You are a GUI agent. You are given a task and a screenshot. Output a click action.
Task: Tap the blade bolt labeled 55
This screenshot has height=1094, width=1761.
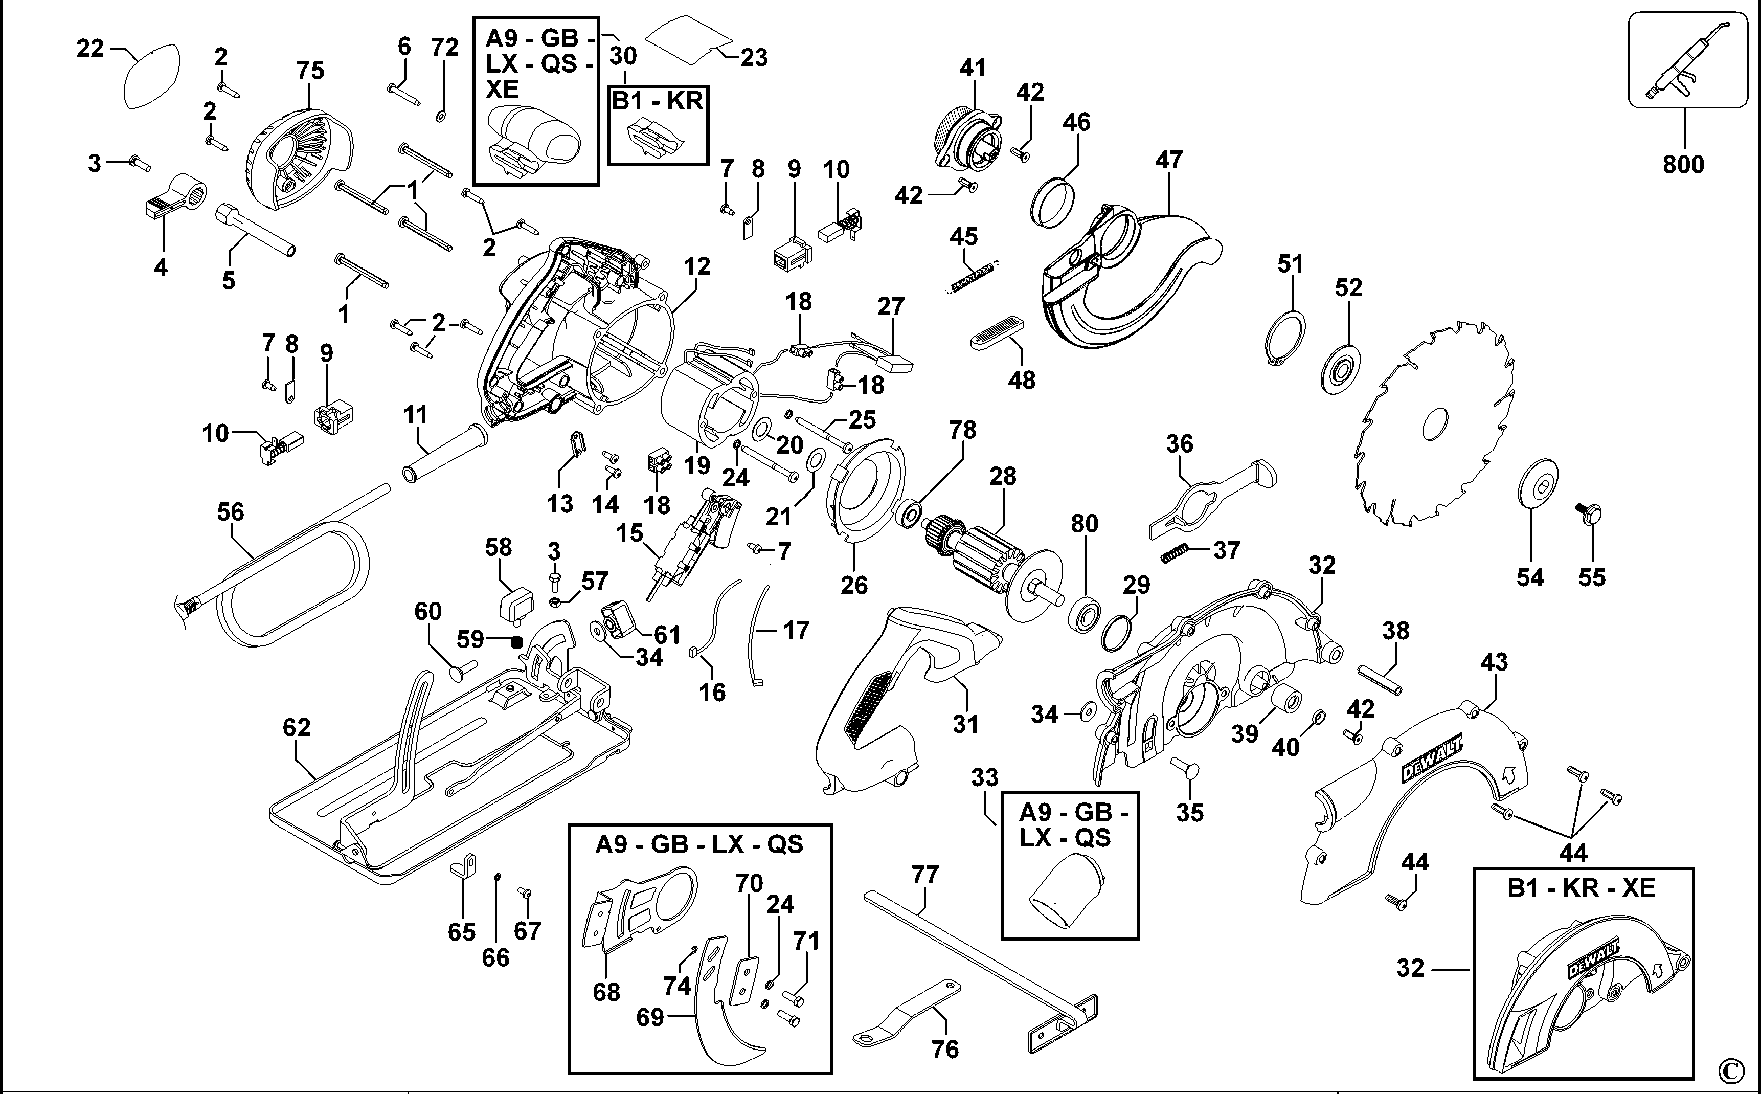[1590, 513]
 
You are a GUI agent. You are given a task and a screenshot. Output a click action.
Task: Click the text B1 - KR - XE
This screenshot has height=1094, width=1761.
[1582, 888]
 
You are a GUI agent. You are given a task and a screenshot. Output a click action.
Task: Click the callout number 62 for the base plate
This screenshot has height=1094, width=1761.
[297, 727]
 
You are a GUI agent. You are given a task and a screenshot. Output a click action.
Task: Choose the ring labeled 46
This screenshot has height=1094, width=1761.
[1052, 203]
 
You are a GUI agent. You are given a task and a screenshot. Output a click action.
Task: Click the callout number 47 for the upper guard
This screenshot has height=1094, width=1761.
[1169, 160]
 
